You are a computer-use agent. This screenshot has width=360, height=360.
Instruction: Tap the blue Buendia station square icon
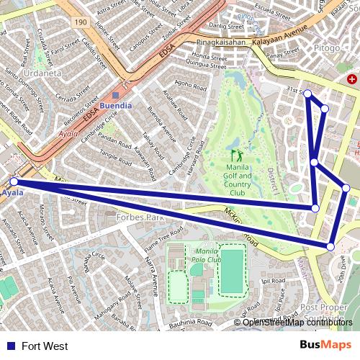click(x=115, y=94)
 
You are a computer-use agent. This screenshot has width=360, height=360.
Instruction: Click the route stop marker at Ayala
click(x=14, y=182)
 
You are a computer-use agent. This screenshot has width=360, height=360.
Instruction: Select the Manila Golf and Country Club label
click(x=238, y=176)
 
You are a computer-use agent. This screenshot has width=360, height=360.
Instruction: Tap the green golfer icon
click(x=236, y=155)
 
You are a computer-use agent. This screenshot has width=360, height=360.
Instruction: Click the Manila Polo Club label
click(x=204, y=251)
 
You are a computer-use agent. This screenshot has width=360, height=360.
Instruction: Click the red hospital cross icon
click(x=352, y=78)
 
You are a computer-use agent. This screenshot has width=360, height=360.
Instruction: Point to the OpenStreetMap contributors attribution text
click(x=297, y=323)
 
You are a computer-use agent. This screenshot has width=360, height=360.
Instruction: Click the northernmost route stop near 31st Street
click(x=307, y=94)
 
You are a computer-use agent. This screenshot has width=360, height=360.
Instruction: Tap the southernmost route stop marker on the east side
click(x=330, y=247)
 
